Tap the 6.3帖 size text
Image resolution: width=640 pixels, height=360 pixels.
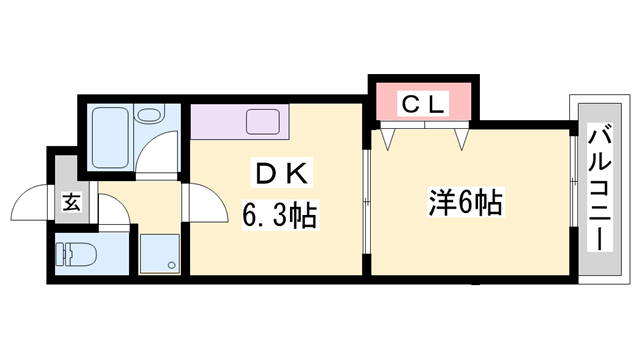click(278, 214)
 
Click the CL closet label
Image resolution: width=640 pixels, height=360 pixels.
click(424, 102)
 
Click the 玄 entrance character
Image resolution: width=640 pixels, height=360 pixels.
click(73, 202)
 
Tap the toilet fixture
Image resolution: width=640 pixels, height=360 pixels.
click(76, 256)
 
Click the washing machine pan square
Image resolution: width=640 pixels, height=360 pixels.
click(159, 253)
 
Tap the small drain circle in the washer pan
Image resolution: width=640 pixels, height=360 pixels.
click(172, 266)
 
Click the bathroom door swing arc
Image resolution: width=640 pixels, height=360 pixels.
click(156, 155)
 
